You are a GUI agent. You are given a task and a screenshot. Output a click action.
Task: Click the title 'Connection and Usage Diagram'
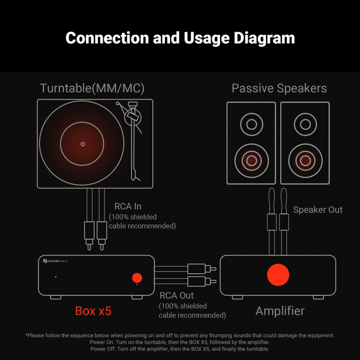point(180,38)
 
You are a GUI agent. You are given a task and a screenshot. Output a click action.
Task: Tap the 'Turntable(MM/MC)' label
point(92,88)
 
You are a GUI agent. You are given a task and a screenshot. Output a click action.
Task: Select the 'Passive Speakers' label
point(279,88)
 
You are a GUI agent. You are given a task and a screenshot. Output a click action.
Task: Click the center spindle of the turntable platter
point(83,144)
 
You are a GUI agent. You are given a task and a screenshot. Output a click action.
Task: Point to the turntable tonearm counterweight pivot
point(133,117)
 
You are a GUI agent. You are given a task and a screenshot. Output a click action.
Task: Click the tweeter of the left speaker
point(252,124)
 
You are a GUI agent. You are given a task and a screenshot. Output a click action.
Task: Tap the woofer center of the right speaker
point(305,161)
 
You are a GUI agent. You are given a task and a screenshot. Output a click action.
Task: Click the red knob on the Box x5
point(137,278)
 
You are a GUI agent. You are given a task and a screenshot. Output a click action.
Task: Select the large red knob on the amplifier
point(278,275)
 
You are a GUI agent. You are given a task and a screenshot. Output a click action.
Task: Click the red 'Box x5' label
point(93,311)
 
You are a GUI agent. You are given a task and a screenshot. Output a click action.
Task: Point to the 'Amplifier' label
point(280,311)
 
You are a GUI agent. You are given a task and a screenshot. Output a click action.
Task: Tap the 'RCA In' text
point(128,207)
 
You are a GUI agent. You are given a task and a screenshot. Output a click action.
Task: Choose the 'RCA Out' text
point(177,296)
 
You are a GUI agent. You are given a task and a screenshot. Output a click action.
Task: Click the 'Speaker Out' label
point(318,210)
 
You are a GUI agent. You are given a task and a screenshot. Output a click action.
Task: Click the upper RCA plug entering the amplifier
point(202,269)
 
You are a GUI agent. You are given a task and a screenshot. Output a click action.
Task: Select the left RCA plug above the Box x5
point(89,236)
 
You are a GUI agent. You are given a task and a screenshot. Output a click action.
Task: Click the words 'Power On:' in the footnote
point(102,342)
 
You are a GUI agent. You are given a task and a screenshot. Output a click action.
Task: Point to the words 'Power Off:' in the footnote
point(103,349)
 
